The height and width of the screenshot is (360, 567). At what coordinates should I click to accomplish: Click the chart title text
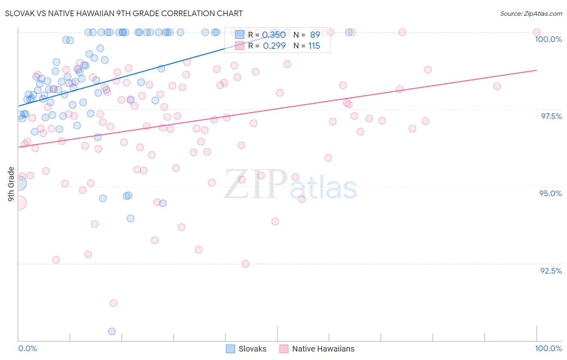(x=124, y=13)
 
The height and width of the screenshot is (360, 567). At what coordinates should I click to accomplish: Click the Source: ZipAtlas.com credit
(x=531, y=14)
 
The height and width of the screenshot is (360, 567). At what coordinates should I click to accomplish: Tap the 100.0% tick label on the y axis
(x=548, y=39)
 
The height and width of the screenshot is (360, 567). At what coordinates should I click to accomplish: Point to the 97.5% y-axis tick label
(x=551, y=116)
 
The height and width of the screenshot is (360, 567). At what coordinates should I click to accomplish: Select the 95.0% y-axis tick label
(x=550, y=193)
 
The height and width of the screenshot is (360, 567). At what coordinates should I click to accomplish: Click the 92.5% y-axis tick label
(x=551, y=271)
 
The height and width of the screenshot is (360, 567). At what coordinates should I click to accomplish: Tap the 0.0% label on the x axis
(x=27, y=348)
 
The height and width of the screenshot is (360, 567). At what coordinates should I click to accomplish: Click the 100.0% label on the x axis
(x=548, y=348)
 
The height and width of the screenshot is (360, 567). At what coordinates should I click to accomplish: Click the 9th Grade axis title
(x=11, y=184)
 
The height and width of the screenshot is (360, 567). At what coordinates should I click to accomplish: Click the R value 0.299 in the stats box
(x=274, y=46)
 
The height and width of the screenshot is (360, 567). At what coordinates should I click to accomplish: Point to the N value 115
(x=314, y=46)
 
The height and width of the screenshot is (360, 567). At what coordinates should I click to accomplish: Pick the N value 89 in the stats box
(x=315, y=35)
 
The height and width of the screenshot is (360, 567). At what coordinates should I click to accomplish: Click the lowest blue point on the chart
(x=112, y=331)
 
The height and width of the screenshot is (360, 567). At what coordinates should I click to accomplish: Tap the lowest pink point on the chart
(x=113, y=303)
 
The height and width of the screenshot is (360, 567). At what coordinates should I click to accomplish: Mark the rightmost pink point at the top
(x=536, y=32)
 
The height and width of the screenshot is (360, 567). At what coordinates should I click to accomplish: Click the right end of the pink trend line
(x=536, y=70)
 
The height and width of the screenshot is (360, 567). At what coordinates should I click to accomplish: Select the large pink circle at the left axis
(x=19, y=203)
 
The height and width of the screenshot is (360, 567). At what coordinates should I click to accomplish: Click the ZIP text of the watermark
(x=256, y=184)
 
